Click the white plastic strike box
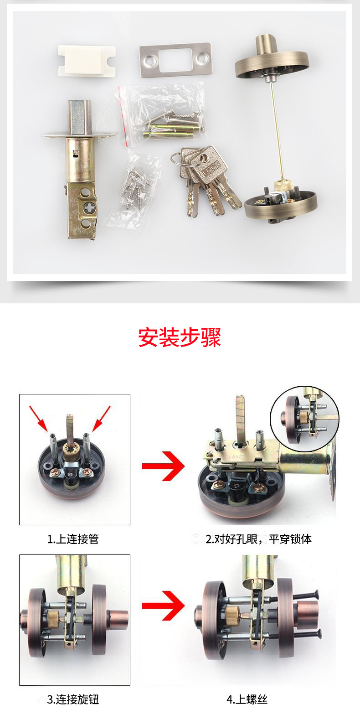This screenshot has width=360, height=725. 87,61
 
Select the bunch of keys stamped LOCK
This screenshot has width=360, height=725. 206,180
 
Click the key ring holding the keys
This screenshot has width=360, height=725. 177,159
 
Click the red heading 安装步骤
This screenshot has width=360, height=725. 180,337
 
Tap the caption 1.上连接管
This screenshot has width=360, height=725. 73,539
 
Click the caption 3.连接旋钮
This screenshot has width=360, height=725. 73,699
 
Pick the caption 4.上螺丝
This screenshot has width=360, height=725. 247,699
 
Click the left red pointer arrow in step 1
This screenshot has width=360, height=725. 38,418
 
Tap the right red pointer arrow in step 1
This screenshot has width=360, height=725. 101,418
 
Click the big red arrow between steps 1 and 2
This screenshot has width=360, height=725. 163,466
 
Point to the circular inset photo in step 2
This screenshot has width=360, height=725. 305,419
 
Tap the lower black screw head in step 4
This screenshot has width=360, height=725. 319,634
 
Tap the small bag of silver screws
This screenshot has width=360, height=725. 133,188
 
